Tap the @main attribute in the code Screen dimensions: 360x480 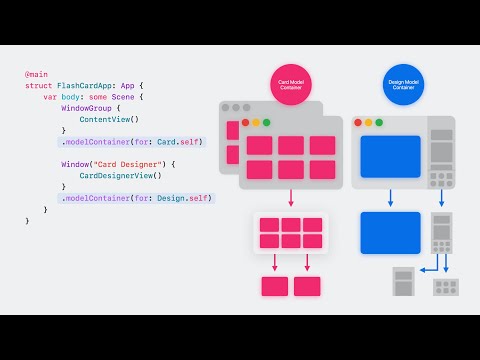(x=36, y=75)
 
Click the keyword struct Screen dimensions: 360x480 (x=39, y=87)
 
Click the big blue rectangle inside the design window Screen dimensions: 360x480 (x=389, y=157)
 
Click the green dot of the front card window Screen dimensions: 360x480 (x=267, y=123)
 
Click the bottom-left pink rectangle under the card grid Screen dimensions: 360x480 (x=274, y=286)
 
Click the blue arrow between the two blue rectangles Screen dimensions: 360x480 (x=389, y=198)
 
